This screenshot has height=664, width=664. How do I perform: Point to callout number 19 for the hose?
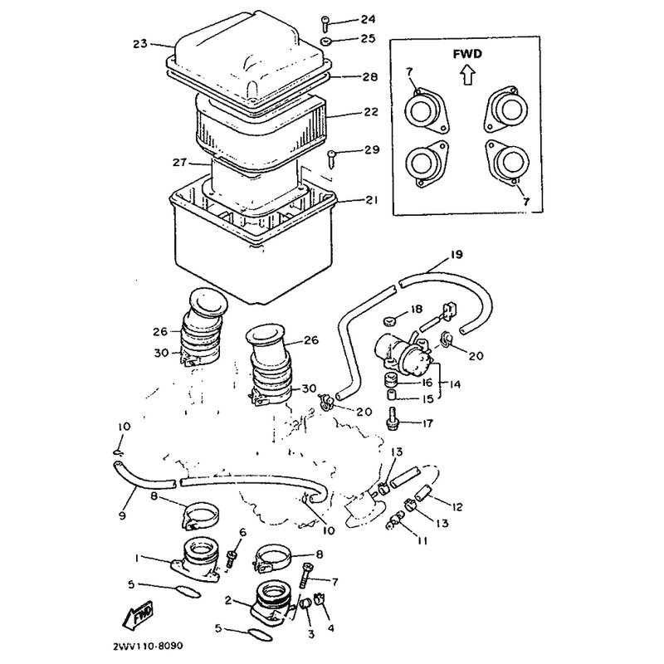click(x=456, y=254)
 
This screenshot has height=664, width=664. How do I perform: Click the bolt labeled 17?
click(x=392, y=422)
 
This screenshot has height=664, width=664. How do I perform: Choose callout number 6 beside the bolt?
click(x=242, y=532)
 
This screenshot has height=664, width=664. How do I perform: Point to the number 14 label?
click(x=454, y=383)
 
